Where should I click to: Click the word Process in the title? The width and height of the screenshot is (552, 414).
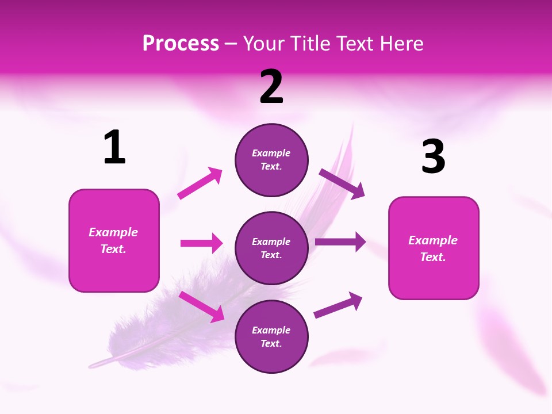[181, 44]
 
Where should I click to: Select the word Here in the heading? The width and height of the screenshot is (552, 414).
[401, 44]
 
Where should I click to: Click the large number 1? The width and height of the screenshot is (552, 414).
[114, 148]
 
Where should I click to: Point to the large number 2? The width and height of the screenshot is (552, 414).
[271, 87]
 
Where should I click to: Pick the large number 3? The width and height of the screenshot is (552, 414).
[433, 157]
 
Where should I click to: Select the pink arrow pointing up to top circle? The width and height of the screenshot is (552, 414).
[200, 183]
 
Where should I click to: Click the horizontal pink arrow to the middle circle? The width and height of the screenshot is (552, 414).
[201, 243]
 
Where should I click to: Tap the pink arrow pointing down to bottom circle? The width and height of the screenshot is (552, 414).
[202, 306]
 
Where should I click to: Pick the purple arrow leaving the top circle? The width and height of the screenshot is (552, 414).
[342, 184]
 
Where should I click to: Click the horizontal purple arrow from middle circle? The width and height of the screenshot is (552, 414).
[340, 242]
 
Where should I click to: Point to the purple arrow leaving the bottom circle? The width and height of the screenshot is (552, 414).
[338, 305]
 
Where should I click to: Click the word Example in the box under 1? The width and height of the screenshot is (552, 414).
[113, 232]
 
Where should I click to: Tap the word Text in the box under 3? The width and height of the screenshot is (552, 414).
[432, 257]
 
